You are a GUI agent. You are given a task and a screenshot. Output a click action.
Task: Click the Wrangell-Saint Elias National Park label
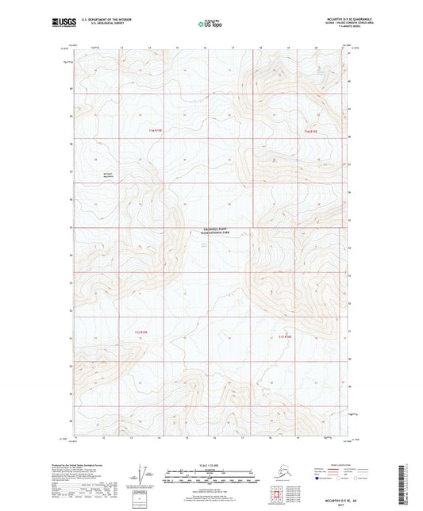pyautogui.click(x=210, y=233)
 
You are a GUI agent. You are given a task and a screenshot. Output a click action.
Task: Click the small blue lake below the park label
pyautogui.click(x=205, y=246)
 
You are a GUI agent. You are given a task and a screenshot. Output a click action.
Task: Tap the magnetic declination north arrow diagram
pyautogui.click(x=141, y=474)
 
